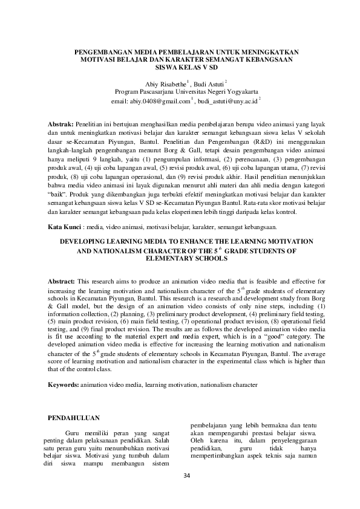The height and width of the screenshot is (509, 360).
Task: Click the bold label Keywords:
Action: coord(63,384)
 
